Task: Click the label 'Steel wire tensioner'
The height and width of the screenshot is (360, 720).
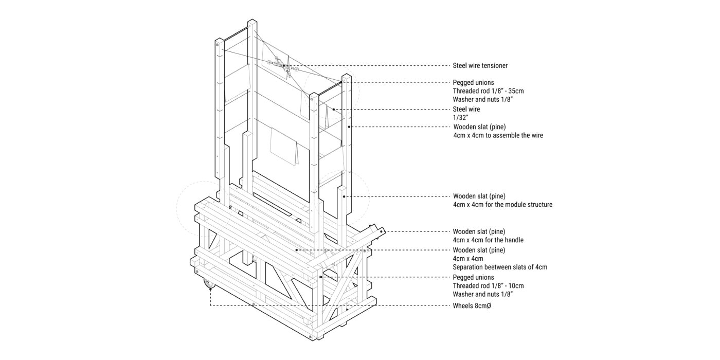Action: tap(480, 66)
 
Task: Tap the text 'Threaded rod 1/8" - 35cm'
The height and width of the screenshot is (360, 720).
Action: tap(488, 91)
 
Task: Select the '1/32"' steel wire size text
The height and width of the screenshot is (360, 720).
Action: tap(460, 118)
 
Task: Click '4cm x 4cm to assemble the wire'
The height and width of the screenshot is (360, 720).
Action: tap(498, 135)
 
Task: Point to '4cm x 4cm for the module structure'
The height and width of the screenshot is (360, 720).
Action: tap(503, 205)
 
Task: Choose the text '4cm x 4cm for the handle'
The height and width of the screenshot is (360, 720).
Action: tap(488, 240)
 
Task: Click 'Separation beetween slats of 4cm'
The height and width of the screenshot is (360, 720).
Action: tap(500, 267)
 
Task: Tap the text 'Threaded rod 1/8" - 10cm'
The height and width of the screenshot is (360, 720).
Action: tap(488, 286)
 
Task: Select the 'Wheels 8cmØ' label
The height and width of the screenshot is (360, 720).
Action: tap(472, 306)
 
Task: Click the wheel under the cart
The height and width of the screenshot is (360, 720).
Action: tap(209, 284)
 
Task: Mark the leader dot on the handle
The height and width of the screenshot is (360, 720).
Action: tap(382, 231)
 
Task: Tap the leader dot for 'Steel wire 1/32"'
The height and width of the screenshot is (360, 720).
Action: tap(334, 109)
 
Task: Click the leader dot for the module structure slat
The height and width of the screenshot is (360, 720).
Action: tap(344, 196)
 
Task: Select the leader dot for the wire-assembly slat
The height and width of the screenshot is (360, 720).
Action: tap(349, 127)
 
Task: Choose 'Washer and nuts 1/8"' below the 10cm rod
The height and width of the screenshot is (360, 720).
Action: tap(482, 294)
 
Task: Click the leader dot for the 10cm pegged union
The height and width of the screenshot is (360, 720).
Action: tap(320, 277)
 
